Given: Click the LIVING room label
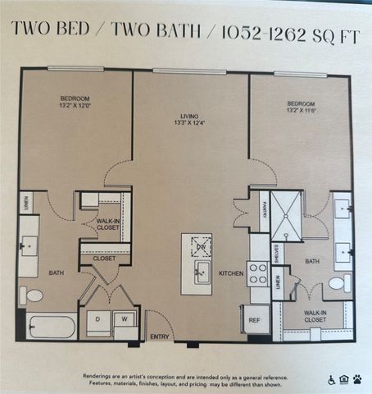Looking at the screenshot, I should (191, 116).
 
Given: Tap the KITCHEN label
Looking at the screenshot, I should (230, 273).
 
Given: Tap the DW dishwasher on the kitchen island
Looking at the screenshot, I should (201, 245).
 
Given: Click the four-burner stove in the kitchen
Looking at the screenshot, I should (258, 272).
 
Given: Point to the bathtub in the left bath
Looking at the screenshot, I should (50, 327).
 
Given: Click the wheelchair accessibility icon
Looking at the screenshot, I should (332, 380).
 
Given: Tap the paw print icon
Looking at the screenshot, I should (356, 380).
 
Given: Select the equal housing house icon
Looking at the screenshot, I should (344, 380).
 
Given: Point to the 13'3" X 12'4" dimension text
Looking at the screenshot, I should (191, 124).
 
